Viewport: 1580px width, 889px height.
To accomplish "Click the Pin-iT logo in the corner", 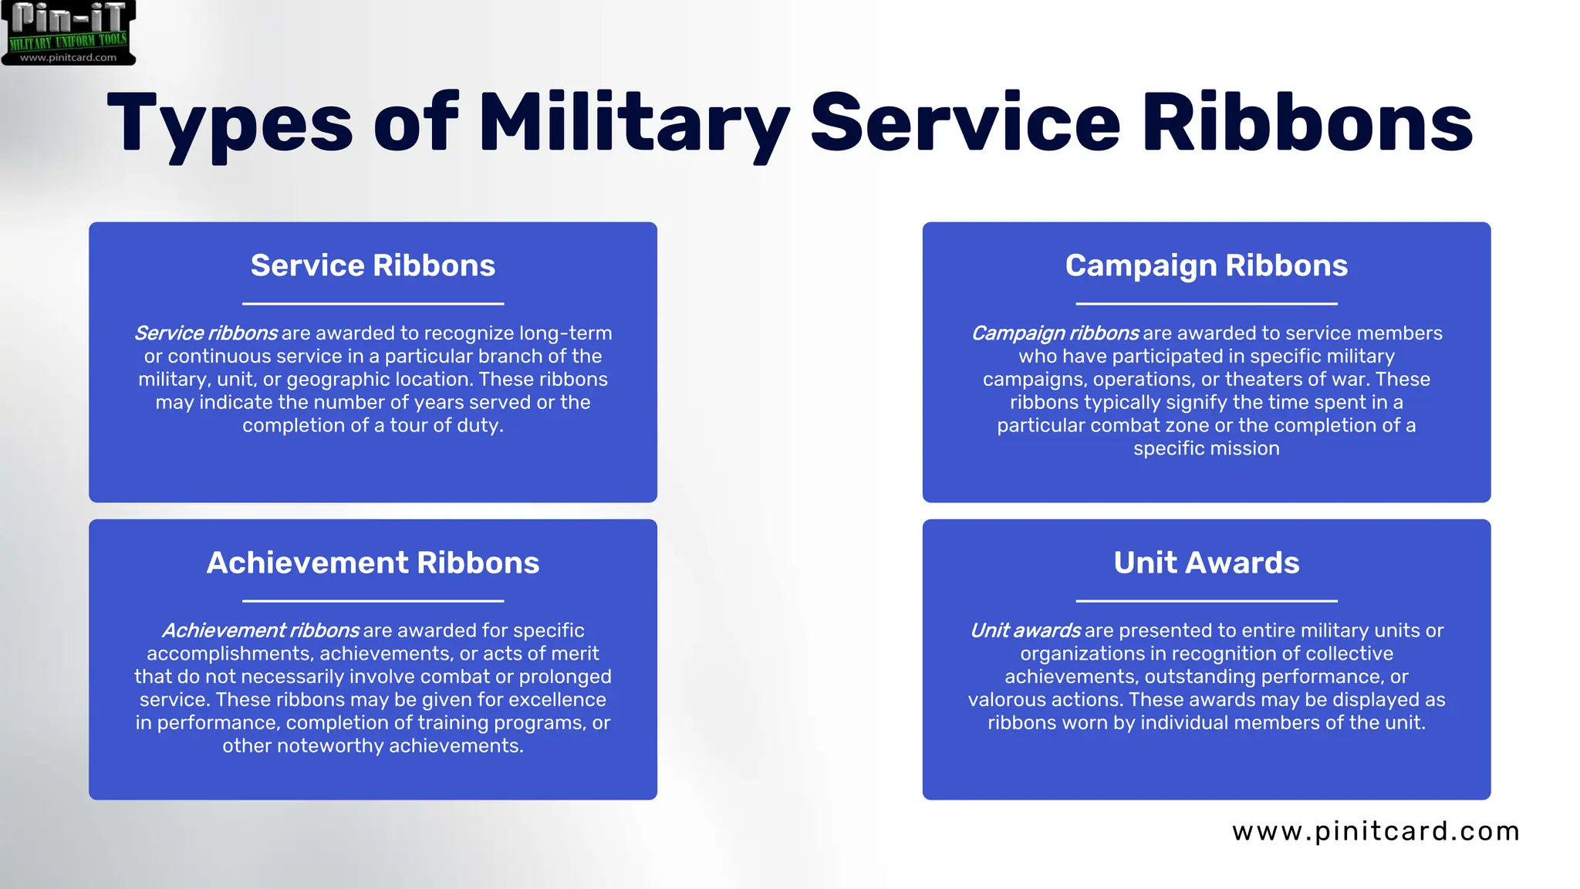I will pos(69,32).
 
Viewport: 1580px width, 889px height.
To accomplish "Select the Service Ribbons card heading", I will pos(373,265).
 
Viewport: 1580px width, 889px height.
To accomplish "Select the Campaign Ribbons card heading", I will pos(1206,265).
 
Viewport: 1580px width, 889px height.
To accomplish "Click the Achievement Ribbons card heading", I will pos(373,563).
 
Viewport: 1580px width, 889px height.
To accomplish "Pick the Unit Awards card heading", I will pos(1206,563).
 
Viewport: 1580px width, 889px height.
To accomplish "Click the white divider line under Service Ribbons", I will pos(373,304).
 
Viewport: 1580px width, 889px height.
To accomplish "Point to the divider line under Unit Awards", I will pos(1206,601).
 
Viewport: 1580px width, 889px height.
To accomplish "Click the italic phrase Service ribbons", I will pos(205,333).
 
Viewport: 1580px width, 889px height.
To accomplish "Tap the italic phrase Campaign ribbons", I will pos(1055,333).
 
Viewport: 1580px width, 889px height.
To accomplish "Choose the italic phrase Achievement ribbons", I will pos(260,630).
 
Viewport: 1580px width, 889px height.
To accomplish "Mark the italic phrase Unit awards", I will pos(1025,630).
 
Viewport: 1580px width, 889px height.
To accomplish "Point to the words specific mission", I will pos(1206,448).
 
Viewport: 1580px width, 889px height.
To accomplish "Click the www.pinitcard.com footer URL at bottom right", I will pos(1376,831).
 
